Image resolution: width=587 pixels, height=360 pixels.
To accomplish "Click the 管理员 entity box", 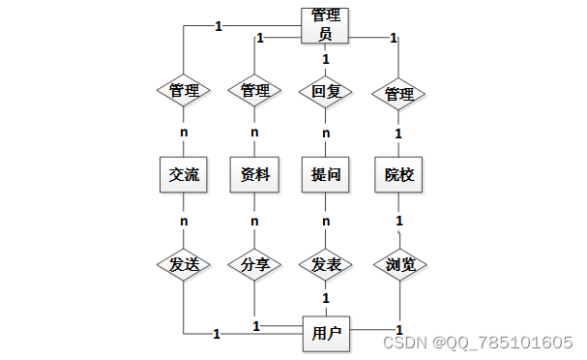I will click(x=326, y=25).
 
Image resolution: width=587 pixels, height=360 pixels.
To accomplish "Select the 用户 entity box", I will click(x=326, y=334).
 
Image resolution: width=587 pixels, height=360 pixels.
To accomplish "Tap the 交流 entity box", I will click(x=183, y=174).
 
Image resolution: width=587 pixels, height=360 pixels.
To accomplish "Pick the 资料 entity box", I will click(x=254, y=174).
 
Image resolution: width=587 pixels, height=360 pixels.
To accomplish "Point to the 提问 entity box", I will click(x=326, y=174).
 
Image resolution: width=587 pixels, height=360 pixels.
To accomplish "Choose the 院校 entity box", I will click(x=398, y=174).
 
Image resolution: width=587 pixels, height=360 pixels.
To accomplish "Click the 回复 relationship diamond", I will click(x=326, y=93).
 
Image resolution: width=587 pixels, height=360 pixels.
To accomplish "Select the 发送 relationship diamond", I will click(x=183, y=264).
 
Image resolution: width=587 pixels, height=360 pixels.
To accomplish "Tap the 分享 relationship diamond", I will click(x=254, y=264).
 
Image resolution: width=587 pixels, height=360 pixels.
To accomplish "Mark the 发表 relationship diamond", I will click(x=326, y=264).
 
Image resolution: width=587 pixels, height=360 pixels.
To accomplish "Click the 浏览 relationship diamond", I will click(x=398, y=264).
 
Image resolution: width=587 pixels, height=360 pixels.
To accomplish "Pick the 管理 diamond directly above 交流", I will click(x=183, y=92).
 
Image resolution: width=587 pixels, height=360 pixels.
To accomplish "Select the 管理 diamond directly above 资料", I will click(x=254, y=92).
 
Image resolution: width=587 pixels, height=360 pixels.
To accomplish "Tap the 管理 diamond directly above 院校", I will click(x=398, y=94).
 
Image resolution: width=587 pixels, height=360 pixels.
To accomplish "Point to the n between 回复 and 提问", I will click(x=326, y=133).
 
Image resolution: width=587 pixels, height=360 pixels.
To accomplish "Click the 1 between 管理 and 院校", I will click(x=398, y=133).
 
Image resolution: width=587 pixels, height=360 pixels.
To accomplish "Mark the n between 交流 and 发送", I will click(x=183, y=221).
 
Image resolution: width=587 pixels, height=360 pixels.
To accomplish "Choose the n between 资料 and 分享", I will click(x=254, y=221).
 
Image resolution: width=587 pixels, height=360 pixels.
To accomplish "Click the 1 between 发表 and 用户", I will click(x=326, y=298).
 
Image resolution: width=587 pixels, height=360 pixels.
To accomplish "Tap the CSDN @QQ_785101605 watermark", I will click(x=479, y=343).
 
